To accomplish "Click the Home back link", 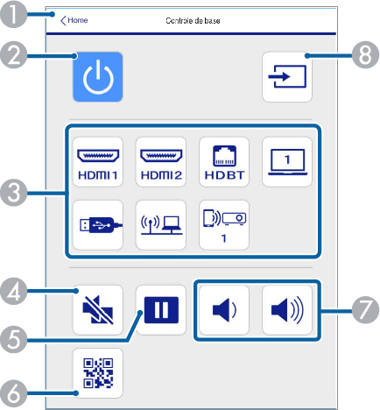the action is pos(74,20).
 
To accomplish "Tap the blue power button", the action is pos(98,77).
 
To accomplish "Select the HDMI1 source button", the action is pos(98,162).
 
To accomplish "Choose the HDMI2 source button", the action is pos(161,162).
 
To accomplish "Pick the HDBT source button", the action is pos(224,162).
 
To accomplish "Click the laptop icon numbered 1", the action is pos(287,162).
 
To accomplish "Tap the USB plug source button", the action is pos(98,225).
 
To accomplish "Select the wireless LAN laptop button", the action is pos(161,225).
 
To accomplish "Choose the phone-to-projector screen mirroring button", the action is pos(224,225).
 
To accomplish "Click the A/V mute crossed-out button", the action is pos(98,310).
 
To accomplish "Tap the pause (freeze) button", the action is pos(161,310).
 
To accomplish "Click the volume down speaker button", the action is pos(224,310).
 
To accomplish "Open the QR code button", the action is pos(98,373).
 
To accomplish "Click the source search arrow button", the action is pos(287,77).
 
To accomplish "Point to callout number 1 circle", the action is pos(13,14).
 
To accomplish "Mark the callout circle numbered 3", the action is pos(13,193).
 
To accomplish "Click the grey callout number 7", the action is pos(365,310).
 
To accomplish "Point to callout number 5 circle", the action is pos(13,340).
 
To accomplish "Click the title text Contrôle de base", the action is pos(193,21).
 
